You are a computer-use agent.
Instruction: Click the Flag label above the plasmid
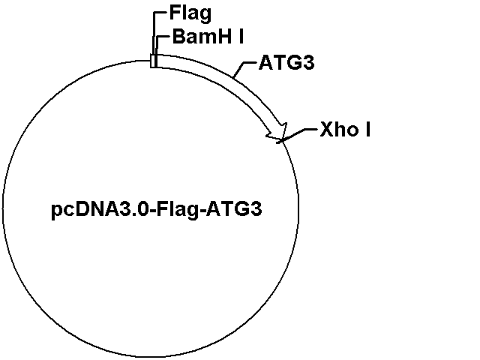click(x=190, y=14)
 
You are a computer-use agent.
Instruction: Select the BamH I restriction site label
click(x=208, y=37)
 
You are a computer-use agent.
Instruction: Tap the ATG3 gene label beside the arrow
click(x=286, y=63)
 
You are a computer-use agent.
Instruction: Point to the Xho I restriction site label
click(x=345, y=129)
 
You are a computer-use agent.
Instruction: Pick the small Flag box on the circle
click(x=153, y=61)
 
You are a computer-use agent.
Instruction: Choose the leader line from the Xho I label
click(x=298, y=134)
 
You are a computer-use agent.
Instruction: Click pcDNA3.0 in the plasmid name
click(x=100, y=210)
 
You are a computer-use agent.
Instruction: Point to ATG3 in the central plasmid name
click(x=234, y=210)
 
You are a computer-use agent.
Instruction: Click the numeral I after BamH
click(x=241, y=37)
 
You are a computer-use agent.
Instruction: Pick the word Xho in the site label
click(x=339, y=129)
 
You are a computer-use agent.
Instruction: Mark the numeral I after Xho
click(x=368, y=129)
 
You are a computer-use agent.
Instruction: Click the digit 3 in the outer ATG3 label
click(x=308, y=63)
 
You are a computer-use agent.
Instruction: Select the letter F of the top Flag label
click(x=175, y=13)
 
